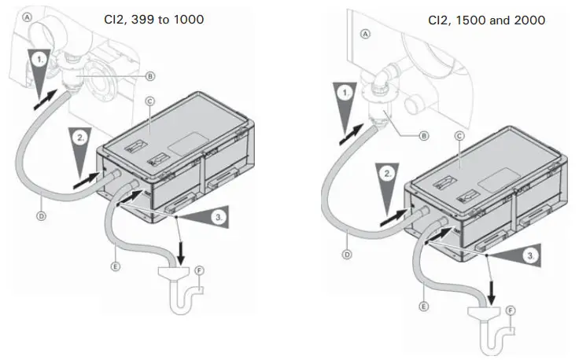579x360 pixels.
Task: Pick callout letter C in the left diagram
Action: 149,101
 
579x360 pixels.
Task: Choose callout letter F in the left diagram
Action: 199,271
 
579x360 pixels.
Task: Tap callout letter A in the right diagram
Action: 364,34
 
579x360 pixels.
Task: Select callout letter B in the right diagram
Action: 424,136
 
